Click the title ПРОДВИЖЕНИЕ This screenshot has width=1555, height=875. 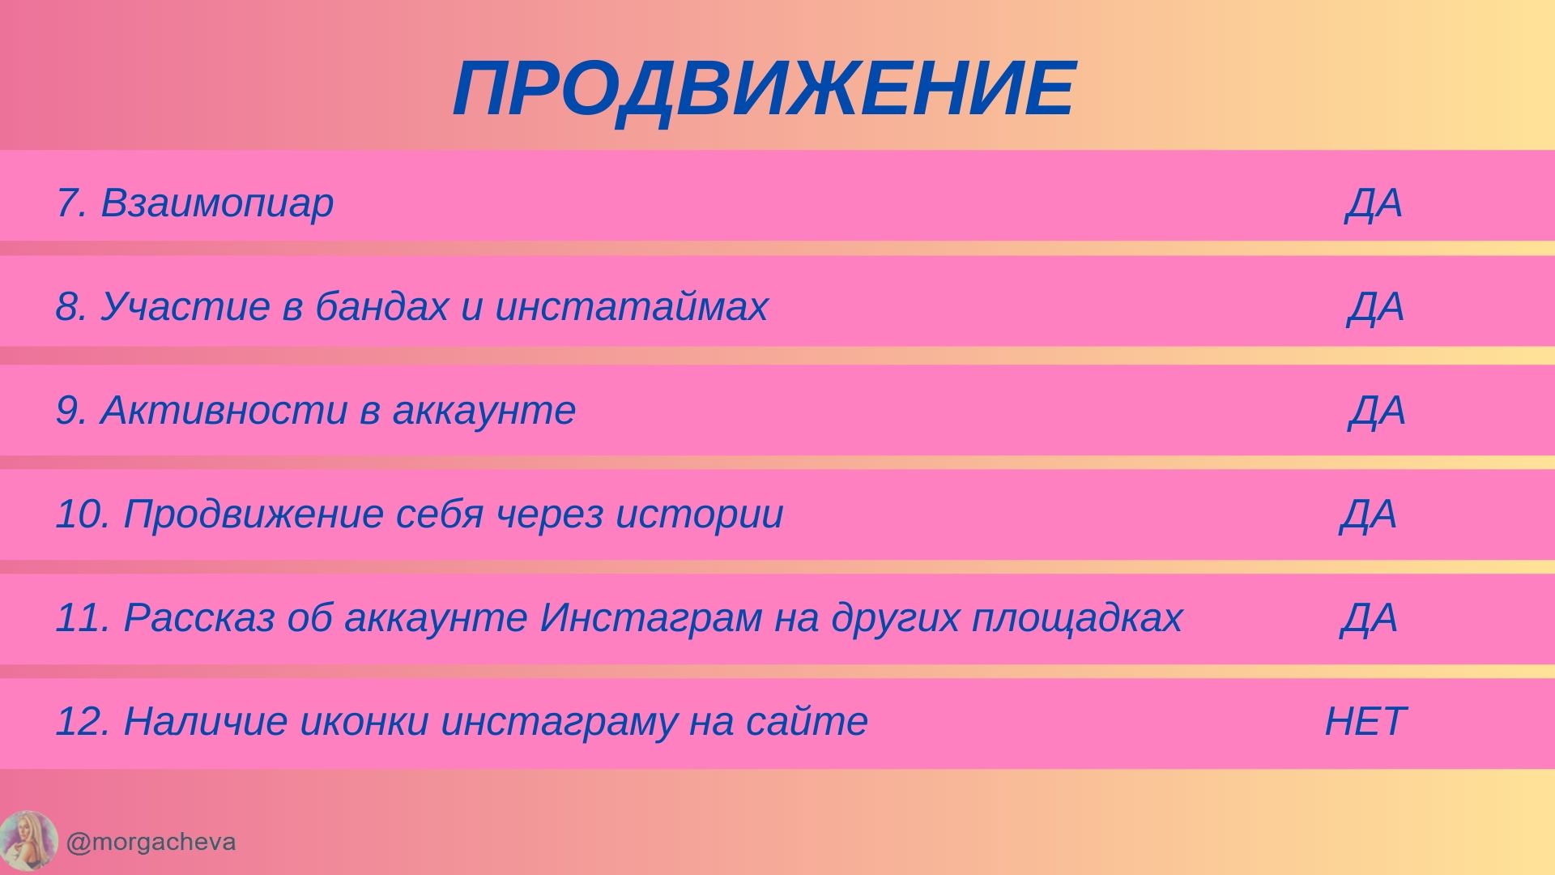tap(764, 89)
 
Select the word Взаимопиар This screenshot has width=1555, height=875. tap(217, 203)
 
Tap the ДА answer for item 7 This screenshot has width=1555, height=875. tap(1374, 203)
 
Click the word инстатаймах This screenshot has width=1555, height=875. tap(631, 306)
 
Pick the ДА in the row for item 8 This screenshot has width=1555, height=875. tap(1376, 307)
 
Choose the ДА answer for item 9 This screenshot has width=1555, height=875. tap(1377, 411)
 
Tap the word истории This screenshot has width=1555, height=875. tap(700, 514)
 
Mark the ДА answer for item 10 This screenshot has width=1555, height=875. tap(1369, 514)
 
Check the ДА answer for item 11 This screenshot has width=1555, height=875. tap(1369, 618)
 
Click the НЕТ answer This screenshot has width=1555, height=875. tap(1365, 721)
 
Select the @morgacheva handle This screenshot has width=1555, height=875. tap(151, 843)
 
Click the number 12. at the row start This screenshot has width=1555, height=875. tap(82, 721)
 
